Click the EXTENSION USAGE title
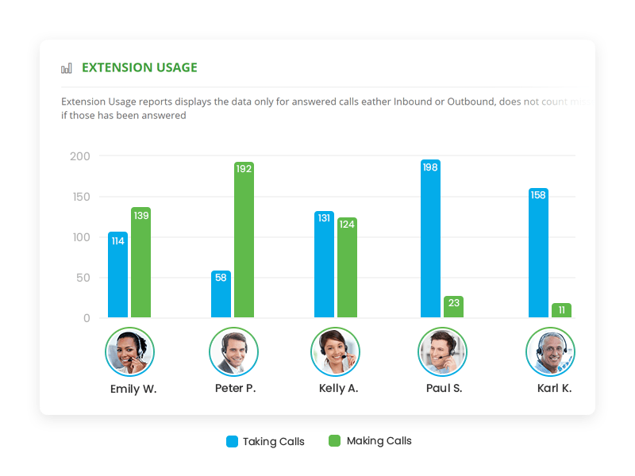[139, 67]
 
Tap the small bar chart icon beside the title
[67, 68]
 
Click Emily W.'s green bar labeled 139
[140, 263]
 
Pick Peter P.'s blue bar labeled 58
[221, 294]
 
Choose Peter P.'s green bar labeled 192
[244, 240]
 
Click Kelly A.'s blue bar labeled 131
[324, 265]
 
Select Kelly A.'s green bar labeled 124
[347, 268]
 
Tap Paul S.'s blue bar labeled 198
[430, 239]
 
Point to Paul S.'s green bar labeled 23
[453, 307]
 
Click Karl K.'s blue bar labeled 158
[538, 253]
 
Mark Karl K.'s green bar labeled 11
[561, 310]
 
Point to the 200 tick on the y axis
[79, 156]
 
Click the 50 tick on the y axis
[83, 278]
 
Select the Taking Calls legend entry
[265, 441]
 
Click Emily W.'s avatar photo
[129, 351]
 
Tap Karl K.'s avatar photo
[550, 351]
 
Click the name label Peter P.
[235, 389]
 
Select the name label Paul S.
[443, 389]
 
